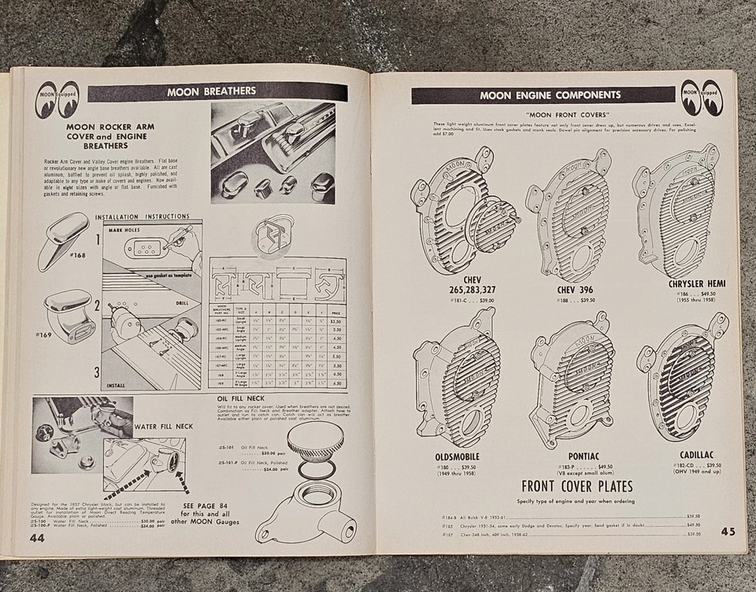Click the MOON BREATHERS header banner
(x=217, y=92)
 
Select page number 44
(x=37, y=538)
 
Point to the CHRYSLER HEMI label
(x=696, y=283)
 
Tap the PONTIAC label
(x=584, y=456)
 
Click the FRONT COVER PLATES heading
(x=584, y=485)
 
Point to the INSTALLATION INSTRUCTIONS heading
(x=143, y=216)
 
